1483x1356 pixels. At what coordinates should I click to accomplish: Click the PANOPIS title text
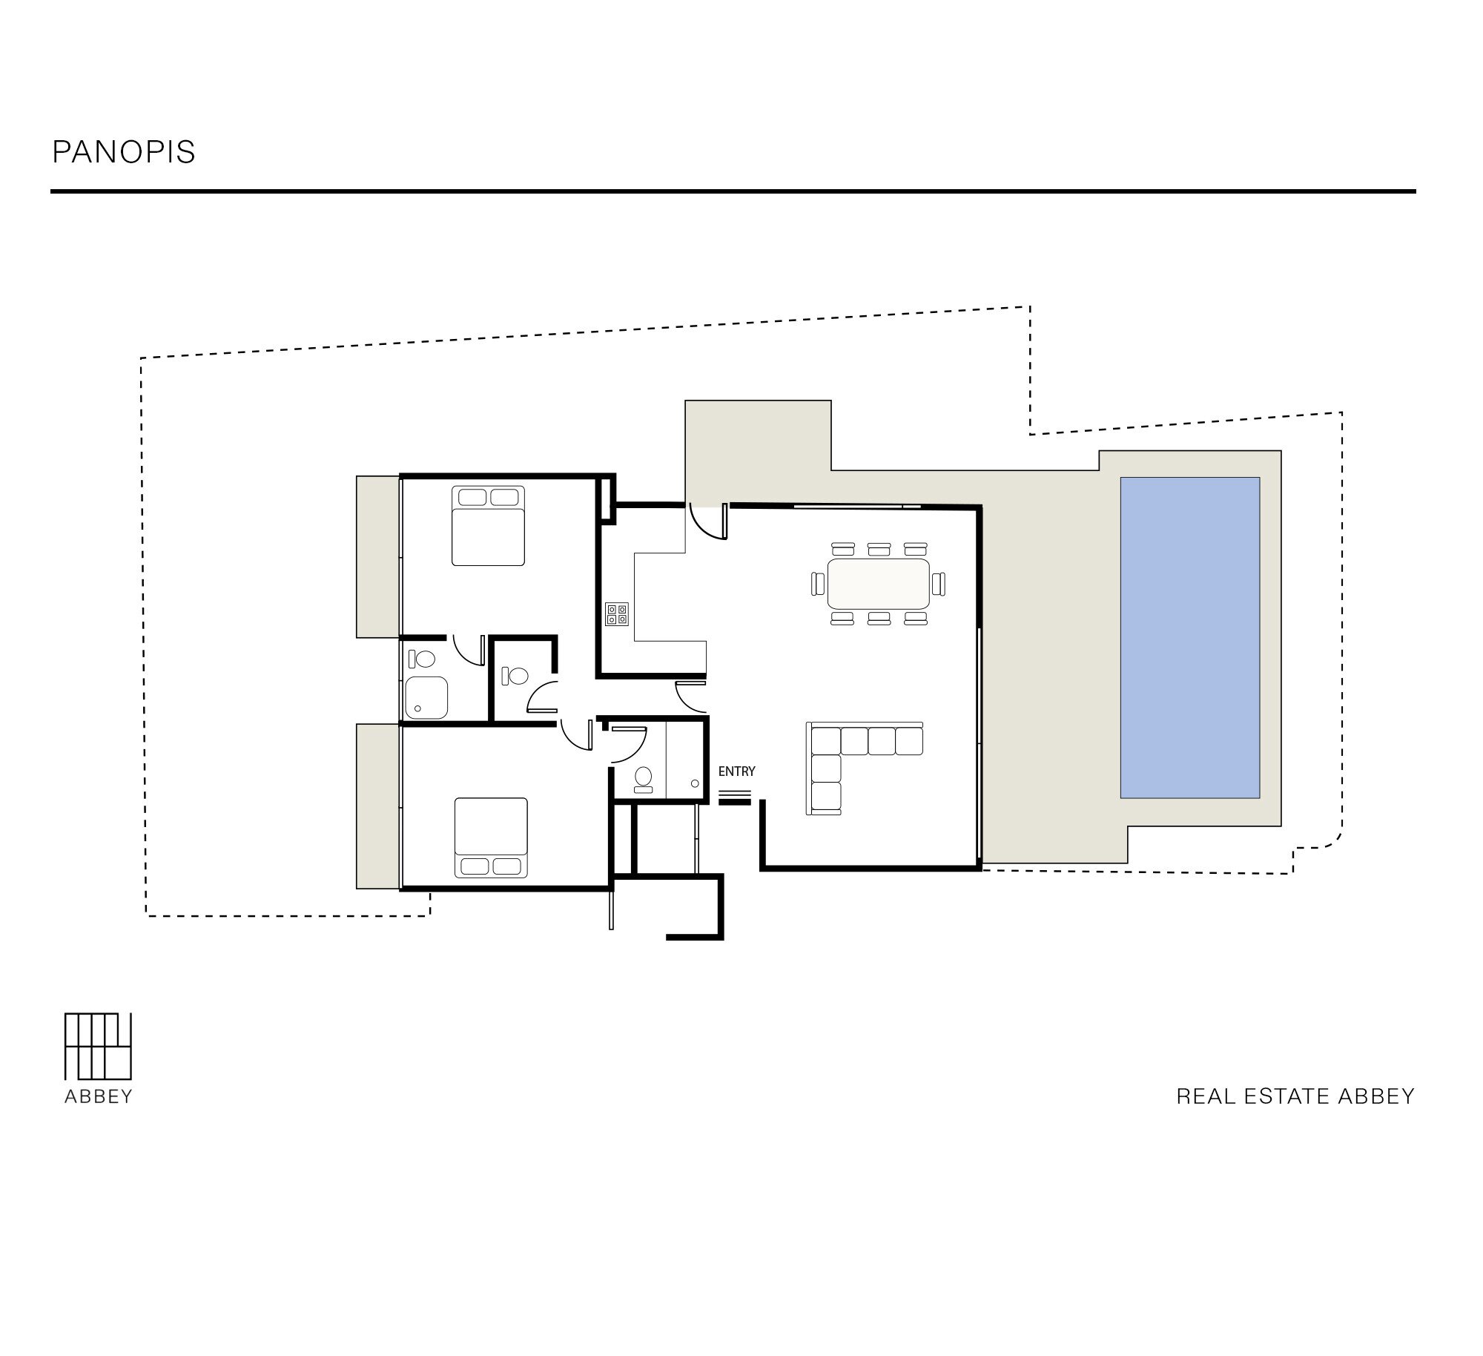[124, 152]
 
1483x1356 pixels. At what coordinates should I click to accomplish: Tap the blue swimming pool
[1189, 637]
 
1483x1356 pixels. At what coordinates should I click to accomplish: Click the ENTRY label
[736, 771]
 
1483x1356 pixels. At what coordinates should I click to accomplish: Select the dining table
[879, 583]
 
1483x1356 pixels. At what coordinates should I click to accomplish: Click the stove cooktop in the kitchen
[617, 613]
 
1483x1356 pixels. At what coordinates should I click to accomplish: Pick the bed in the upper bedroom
[488, 526]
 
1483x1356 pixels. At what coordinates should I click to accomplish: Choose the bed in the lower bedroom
[491, 837]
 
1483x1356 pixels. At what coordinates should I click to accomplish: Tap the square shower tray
[426, 697]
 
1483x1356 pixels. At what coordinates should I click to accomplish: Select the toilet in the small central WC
[515, 676]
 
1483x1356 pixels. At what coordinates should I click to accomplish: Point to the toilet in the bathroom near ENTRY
[643, 779]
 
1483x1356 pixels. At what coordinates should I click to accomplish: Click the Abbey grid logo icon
[99, 1046]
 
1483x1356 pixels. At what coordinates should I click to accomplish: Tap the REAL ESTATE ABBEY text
[1295, 1096]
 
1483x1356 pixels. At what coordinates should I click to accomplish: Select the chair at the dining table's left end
[818, 583]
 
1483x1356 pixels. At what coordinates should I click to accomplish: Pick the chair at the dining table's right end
[939, 583]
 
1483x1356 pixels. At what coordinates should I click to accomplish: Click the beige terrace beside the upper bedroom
[378, 556]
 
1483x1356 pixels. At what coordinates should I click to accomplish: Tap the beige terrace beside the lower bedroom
[378, 806]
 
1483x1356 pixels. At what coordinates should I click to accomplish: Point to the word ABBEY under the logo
[99, 1097]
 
